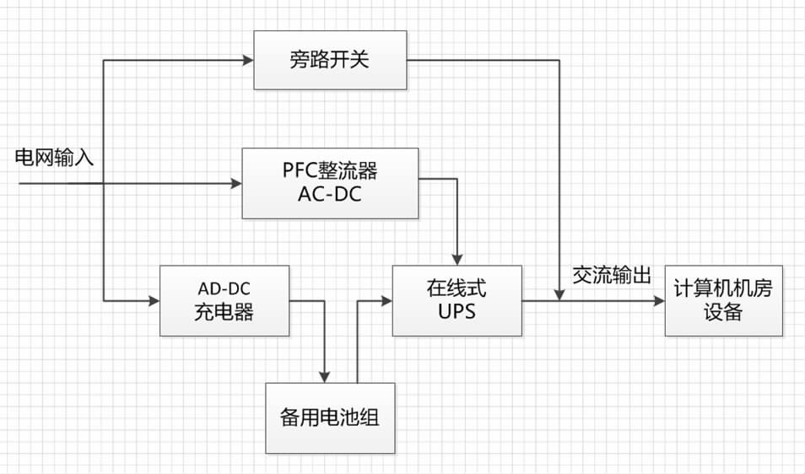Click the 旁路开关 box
click(330, 60)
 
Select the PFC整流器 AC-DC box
click(330, 182)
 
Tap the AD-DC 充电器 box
click(224, 299)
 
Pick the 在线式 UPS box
click(457, 299)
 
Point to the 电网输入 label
click(54, 158)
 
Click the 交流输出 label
click(612, 277)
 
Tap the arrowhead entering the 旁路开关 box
click(248, 60)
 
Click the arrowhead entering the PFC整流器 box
click(236, 182)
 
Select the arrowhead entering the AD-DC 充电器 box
click(154, 299)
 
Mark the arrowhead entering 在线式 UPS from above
click(457, 259)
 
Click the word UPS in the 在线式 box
click(457, 311)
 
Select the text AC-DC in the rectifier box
click(330, 194)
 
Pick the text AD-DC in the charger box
click(224, 288)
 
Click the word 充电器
click(224, 311)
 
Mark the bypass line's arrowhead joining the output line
click(559, 294)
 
